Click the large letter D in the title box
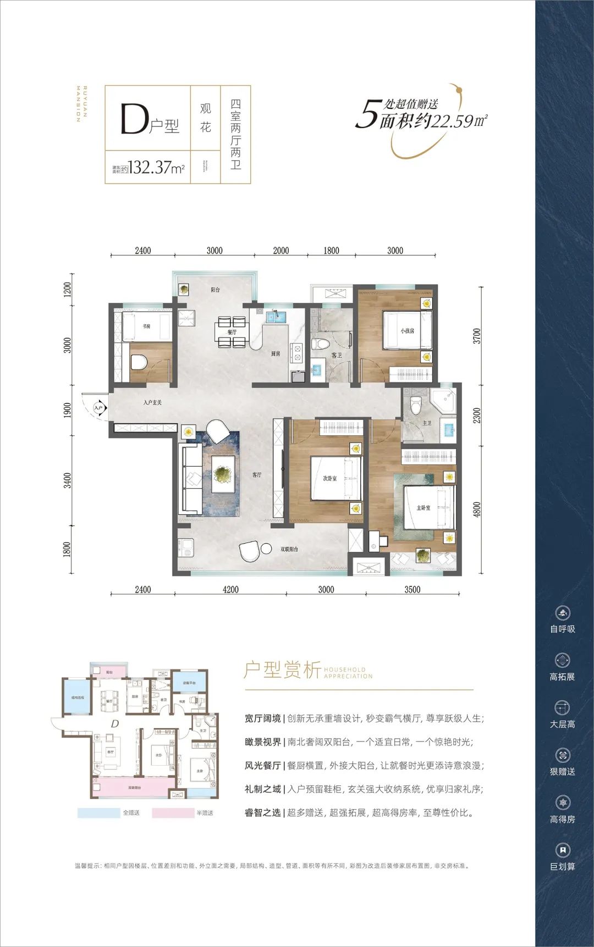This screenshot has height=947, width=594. tap(134, 119)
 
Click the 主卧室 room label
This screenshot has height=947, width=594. tap(423, 508)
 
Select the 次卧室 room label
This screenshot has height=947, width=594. tap(329, 478)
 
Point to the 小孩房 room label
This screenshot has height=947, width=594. tap(407, 331)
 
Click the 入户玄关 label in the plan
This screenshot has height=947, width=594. tap(152, 403)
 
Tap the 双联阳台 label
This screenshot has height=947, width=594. tap(289, 549)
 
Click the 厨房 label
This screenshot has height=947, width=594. tap(275, 353)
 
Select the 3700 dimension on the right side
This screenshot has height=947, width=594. tap(476, 336)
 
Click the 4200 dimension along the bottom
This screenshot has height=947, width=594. tap(230, 590)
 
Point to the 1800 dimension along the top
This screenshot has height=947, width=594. tap(331, 251)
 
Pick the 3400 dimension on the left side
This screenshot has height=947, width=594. tap(68, 481)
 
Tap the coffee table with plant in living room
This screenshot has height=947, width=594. tap(223, 473)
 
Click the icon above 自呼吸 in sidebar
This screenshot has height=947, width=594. tap(562, 613)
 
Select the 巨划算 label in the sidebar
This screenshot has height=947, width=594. tap(562, 867)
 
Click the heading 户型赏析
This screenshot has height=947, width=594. tap(282, 670)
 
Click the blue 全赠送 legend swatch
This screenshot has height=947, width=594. tap(98, 813)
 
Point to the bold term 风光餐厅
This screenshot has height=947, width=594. tap(262, 766)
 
